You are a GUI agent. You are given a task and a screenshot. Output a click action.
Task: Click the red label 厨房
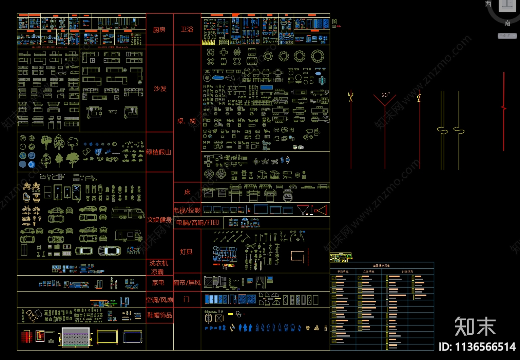click(159, 30)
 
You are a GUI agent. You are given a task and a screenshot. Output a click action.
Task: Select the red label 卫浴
click(187, 29)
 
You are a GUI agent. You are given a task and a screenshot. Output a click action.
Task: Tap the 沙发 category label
click(160, 88)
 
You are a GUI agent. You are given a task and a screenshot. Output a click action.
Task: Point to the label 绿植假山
click(159, 152)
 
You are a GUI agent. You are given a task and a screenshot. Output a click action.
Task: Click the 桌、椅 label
click(187, 121)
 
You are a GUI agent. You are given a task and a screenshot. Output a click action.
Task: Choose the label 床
click(187, 192)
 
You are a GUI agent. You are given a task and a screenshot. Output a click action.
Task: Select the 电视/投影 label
click(187, 210)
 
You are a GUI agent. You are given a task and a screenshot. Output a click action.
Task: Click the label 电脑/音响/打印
click(198, 222)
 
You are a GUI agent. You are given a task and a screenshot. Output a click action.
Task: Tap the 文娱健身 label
click(159, 220)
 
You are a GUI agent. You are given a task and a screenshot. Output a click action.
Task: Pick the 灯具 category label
click(187, 252)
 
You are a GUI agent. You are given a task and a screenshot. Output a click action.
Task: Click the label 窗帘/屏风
click(187, 282)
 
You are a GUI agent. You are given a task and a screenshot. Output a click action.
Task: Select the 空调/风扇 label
click(159, 300)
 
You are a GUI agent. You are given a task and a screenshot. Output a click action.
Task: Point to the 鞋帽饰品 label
click(159, 315)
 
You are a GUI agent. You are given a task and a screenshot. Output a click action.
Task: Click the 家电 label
click(158, 282)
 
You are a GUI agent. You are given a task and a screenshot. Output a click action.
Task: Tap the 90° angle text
click(386, 95)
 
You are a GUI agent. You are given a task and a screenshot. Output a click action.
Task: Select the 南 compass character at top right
click(507, 23)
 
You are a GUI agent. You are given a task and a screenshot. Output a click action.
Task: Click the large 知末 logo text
click(475, 326)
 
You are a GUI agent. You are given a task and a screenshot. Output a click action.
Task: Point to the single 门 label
click(187, 299)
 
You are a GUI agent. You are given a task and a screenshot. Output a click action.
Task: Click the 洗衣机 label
click(159, 263)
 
